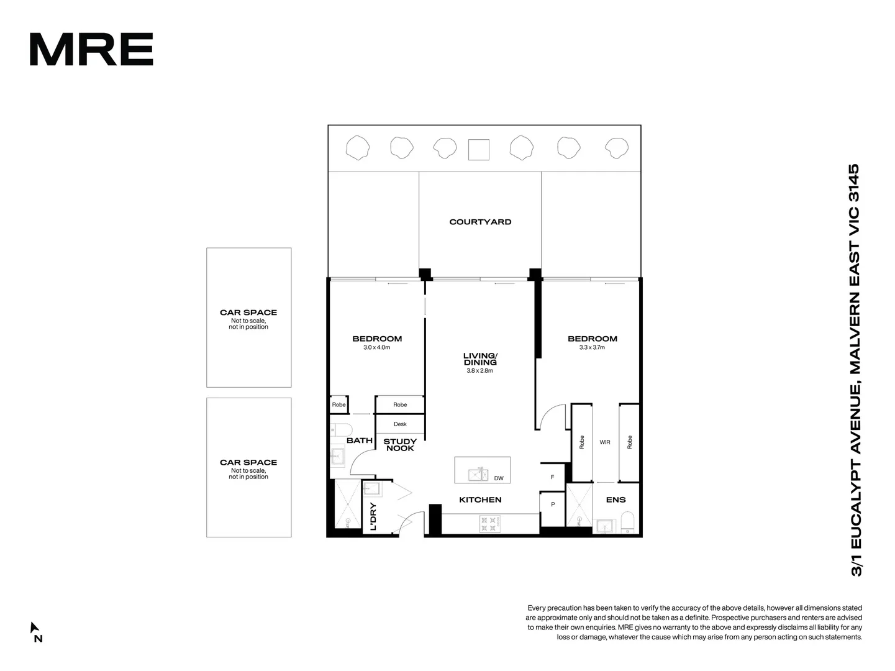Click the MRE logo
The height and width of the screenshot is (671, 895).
pos(91,49)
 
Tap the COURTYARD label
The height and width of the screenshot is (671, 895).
pos(480,222)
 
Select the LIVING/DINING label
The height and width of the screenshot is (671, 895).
pos(480,358)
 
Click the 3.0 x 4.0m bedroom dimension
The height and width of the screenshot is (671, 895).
pos(376,348)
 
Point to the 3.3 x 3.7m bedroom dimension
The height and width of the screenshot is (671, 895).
pos(592,348)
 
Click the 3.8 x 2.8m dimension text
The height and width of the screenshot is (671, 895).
pos(479,371)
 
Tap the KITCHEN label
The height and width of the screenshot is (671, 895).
pos(480,500)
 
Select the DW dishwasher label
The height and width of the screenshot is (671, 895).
pos(499,478)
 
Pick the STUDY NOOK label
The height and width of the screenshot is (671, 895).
pos(400,445)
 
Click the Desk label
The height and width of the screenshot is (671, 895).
pos(400,424)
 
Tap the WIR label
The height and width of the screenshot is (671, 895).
pos(605,442)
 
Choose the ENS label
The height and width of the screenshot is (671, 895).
pos(616,500)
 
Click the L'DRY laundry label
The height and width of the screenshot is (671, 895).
pos(373,516)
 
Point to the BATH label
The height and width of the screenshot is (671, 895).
pos(360,440)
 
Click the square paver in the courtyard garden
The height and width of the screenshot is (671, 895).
pos(478,150)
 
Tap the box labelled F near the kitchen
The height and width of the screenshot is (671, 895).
pos(552,477)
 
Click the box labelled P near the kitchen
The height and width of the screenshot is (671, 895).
pos(552,504)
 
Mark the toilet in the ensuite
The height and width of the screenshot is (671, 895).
pos(627,523)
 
